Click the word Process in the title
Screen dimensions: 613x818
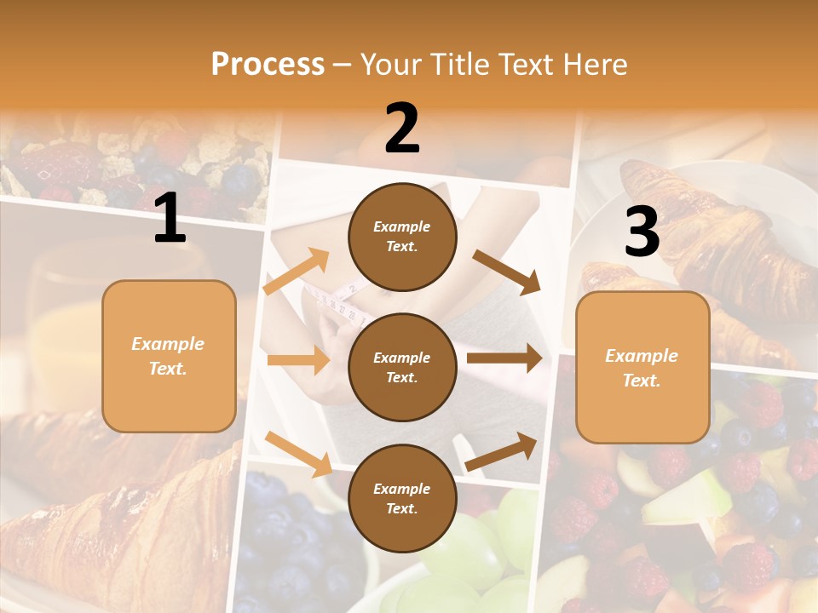click(x=268, y=65)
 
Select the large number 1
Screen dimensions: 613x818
click(x=170, y=219)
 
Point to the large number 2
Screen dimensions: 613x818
click(x=402, y=129)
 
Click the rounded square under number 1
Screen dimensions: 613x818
click(x=169, y=356)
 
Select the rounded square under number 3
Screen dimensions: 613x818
click(x=642, y=368)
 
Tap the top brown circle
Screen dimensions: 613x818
click(x=402, y=237)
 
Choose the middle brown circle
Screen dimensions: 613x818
click(x=402, y=368)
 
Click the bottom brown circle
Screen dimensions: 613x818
click(x=402, y=499)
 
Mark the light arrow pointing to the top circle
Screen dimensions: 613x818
click(x=297, y=272)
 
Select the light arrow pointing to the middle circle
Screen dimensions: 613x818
click(x=298, y=360)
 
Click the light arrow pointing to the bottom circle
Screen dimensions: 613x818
click(x=298, y=453)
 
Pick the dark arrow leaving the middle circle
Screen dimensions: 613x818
click(x=504, y=358)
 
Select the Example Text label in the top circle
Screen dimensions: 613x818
click(x=402, y=237)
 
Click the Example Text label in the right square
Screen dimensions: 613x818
click(x=642, y=368)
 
